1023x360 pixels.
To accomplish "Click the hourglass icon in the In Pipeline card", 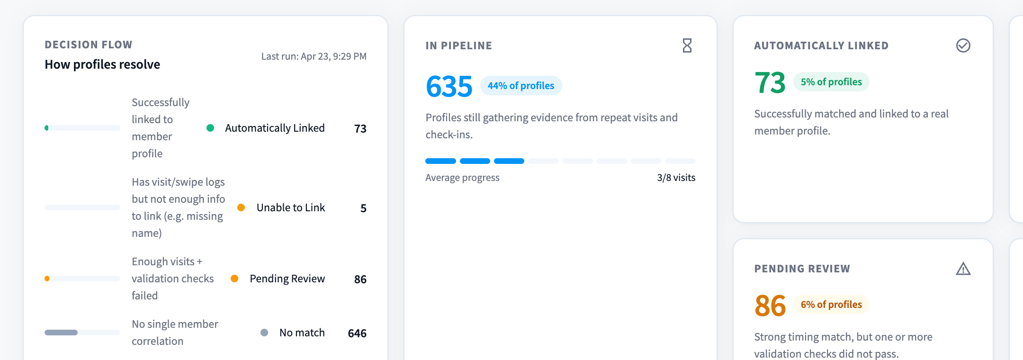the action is [x=687, y=45].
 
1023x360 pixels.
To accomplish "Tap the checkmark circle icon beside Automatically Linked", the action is [x=963, y=45].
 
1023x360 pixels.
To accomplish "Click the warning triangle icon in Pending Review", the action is [x=963, y=269].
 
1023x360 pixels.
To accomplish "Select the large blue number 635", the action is [x=449, y=86].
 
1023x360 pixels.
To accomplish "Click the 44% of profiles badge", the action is [x=521, y=86].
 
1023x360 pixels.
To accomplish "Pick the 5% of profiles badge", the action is [x=831, y=82].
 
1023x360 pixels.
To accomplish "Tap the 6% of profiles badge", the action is [x=831, y=305].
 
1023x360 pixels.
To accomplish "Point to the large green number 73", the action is [x=770, y=82].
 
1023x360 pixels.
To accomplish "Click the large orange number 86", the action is [x=770, y=306].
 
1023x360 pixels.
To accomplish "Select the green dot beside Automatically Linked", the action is [x=210, y=128].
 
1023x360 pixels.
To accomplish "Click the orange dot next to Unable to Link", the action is [x=241, y=207].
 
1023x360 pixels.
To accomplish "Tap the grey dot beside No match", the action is [x=264, y=333].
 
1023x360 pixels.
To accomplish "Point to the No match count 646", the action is [x=357, y=333].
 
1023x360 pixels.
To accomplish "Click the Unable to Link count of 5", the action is [x=363, y=208].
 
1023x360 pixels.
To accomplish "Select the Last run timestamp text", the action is [x=314, y=56].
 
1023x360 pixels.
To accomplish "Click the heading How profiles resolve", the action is [x=102, y=64].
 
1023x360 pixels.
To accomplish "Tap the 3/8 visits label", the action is [x=676, y=178].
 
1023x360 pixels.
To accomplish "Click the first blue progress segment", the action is [x=440, y=161].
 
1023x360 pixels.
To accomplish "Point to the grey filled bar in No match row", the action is [x=61, y=333].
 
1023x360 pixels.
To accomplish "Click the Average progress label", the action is [x=462, y=178].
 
